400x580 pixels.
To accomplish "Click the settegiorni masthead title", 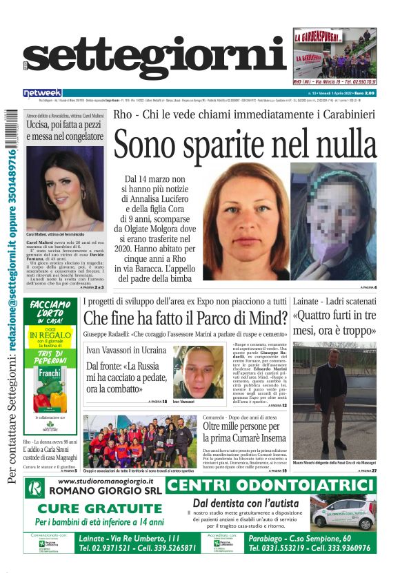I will coord(155,61).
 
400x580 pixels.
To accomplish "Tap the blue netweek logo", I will coord(42,92).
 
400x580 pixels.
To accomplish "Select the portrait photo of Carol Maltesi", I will coord(65,189).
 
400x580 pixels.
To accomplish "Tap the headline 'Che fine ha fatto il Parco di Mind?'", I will coord(185,318).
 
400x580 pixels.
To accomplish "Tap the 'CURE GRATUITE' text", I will coord(94,509).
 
